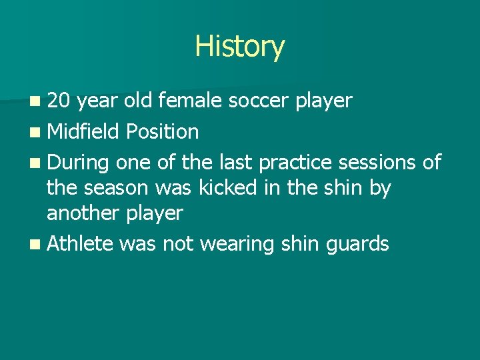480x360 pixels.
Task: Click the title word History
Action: [239, 47]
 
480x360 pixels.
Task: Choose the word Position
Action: [162, 132]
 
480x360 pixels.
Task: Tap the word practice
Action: [295, 163]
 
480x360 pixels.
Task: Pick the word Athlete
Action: [79, 244]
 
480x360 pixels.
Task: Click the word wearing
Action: [237, 245]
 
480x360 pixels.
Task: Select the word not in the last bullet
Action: [179, 245]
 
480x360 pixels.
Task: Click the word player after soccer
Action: [323, 101]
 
